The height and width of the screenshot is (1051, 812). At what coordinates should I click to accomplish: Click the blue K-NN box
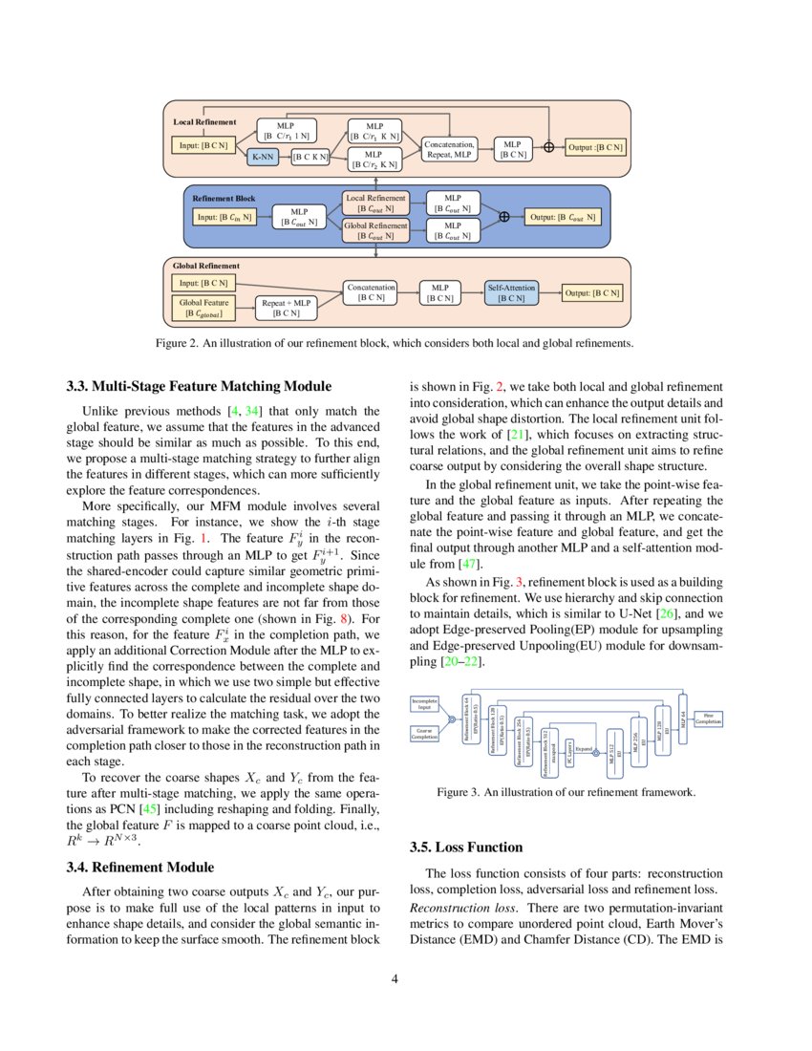click(x=262, y=155)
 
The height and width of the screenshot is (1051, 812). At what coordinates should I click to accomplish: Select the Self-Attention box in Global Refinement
click(x=512, y=292)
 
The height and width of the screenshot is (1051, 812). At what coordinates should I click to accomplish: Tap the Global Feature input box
click(x=202, y=308)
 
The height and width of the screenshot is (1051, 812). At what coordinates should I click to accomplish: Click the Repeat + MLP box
click(x=287, y=308)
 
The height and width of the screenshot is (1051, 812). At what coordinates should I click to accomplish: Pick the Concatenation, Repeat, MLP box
click(x=449, y=148)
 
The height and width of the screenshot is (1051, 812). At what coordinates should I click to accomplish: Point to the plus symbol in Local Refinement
click(x=548, y=147)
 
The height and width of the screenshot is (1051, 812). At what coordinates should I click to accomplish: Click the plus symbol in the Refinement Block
click(x=503, y=217)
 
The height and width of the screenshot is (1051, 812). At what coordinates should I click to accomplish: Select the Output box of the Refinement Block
click(x=564, y=217)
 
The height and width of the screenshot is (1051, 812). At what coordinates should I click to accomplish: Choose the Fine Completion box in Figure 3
click(x=708, y=717)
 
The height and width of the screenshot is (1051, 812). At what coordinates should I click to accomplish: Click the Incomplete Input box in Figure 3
click(x=424, y=704)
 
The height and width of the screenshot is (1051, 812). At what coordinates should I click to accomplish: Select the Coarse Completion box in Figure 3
click(x=424, y=733)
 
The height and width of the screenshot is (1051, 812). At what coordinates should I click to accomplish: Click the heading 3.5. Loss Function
click(x=466, y=847)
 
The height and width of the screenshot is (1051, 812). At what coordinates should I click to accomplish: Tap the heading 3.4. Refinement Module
click(x=139, y=868)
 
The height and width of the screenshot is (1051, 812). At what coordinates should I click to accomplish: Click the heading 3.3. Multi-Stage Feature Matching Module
click(x=199, y=387)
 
